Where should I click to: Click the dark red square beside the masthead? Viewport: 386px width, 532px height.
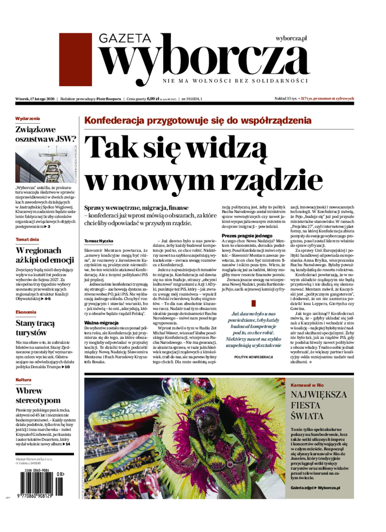75,59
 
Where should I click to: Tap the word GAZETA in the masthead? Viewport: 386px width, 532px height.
125,38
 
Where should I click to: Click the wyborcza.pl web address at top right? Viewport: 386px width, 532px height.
291,39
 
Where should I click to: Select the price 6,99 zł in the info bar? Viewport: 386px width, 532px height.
153,99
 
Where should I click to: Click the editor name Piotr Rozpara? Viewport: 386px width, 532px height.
109,99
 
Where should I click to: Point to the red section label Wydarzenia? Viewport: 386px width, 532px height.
28,119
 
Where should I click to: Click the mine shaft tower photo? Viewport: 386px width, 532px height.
44,164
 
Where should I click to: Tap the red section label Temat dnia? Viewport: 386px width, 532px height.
27,240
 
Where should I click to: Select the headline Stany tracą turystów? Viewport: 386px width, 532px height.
35,328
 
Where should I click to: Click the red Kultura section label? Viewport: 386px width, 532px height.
23,380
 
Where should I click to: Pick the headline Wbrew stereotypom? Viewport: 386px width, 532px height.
38,395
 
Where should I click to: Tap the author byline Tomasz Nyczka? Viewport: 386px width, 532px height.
99,241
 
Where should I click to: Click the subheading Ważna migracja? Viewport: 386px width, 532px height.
101,323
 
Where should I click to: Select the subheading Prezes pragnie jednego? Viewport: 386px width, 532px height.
247,236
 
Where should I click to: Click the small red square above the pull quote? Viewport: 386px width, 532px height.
254,304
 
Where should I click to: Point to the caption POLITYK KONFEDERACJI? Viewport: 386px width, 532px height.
253,357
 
